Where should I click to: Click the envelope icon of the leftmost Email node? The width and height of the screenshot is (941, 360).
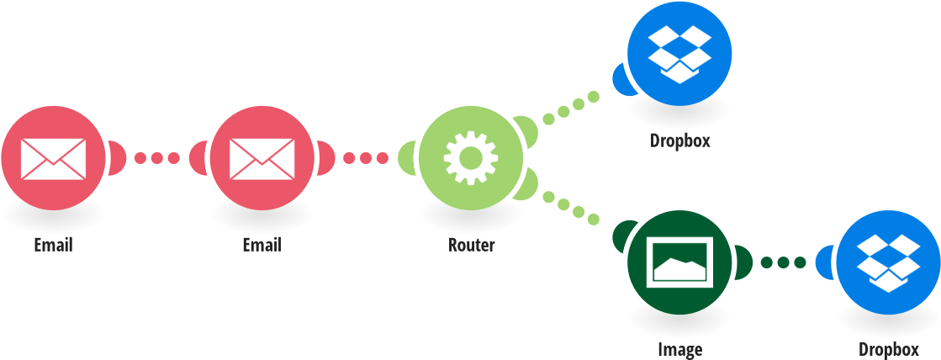pos(52,158)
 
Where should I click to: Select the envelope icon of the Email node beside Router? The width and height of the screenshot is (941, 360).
pos(261,158)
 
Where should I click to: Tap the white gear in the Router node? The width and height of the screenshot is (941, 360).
pos(470,158)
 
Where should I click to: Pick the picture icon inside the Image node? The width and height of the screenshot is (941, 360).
pos(679,261)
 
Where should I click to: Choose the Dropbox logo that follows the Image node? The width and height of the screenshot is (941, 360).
pos(888,262)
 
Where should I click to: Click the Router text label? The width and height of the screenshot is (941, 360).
pos(471,246)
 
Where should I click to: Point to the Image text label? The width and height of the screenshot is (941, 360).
pos(679,349)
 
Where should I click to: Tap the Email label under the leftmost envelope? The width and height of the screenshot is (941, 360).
pos(53,246)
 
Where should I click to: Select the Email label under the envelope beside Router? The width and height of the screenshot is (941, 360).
pos(262,246)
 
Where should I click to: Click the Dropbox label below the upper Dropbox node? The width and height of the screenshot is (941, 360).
pos(679,140)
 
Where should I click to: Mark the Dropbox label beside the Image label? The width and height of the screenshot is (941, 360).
pos(888,349)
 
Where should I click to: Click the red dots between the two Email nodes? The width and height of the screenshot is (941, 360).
pos(156,158)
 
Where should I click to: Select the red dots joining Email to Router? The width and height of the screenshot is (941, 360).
pos(365,158)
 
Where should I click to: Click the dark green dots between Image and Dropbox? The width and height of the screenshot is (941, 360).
pos(783,262)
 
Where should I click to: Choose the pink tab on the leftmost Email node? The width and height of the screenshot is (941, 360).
pos(117,158)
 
